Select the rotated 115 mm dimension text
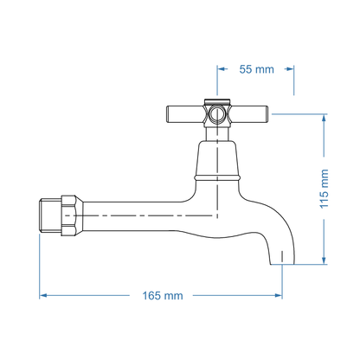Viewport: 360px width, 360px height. click(325, 189)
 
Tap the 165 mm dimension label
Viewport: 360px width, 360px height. click(163, 295)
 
